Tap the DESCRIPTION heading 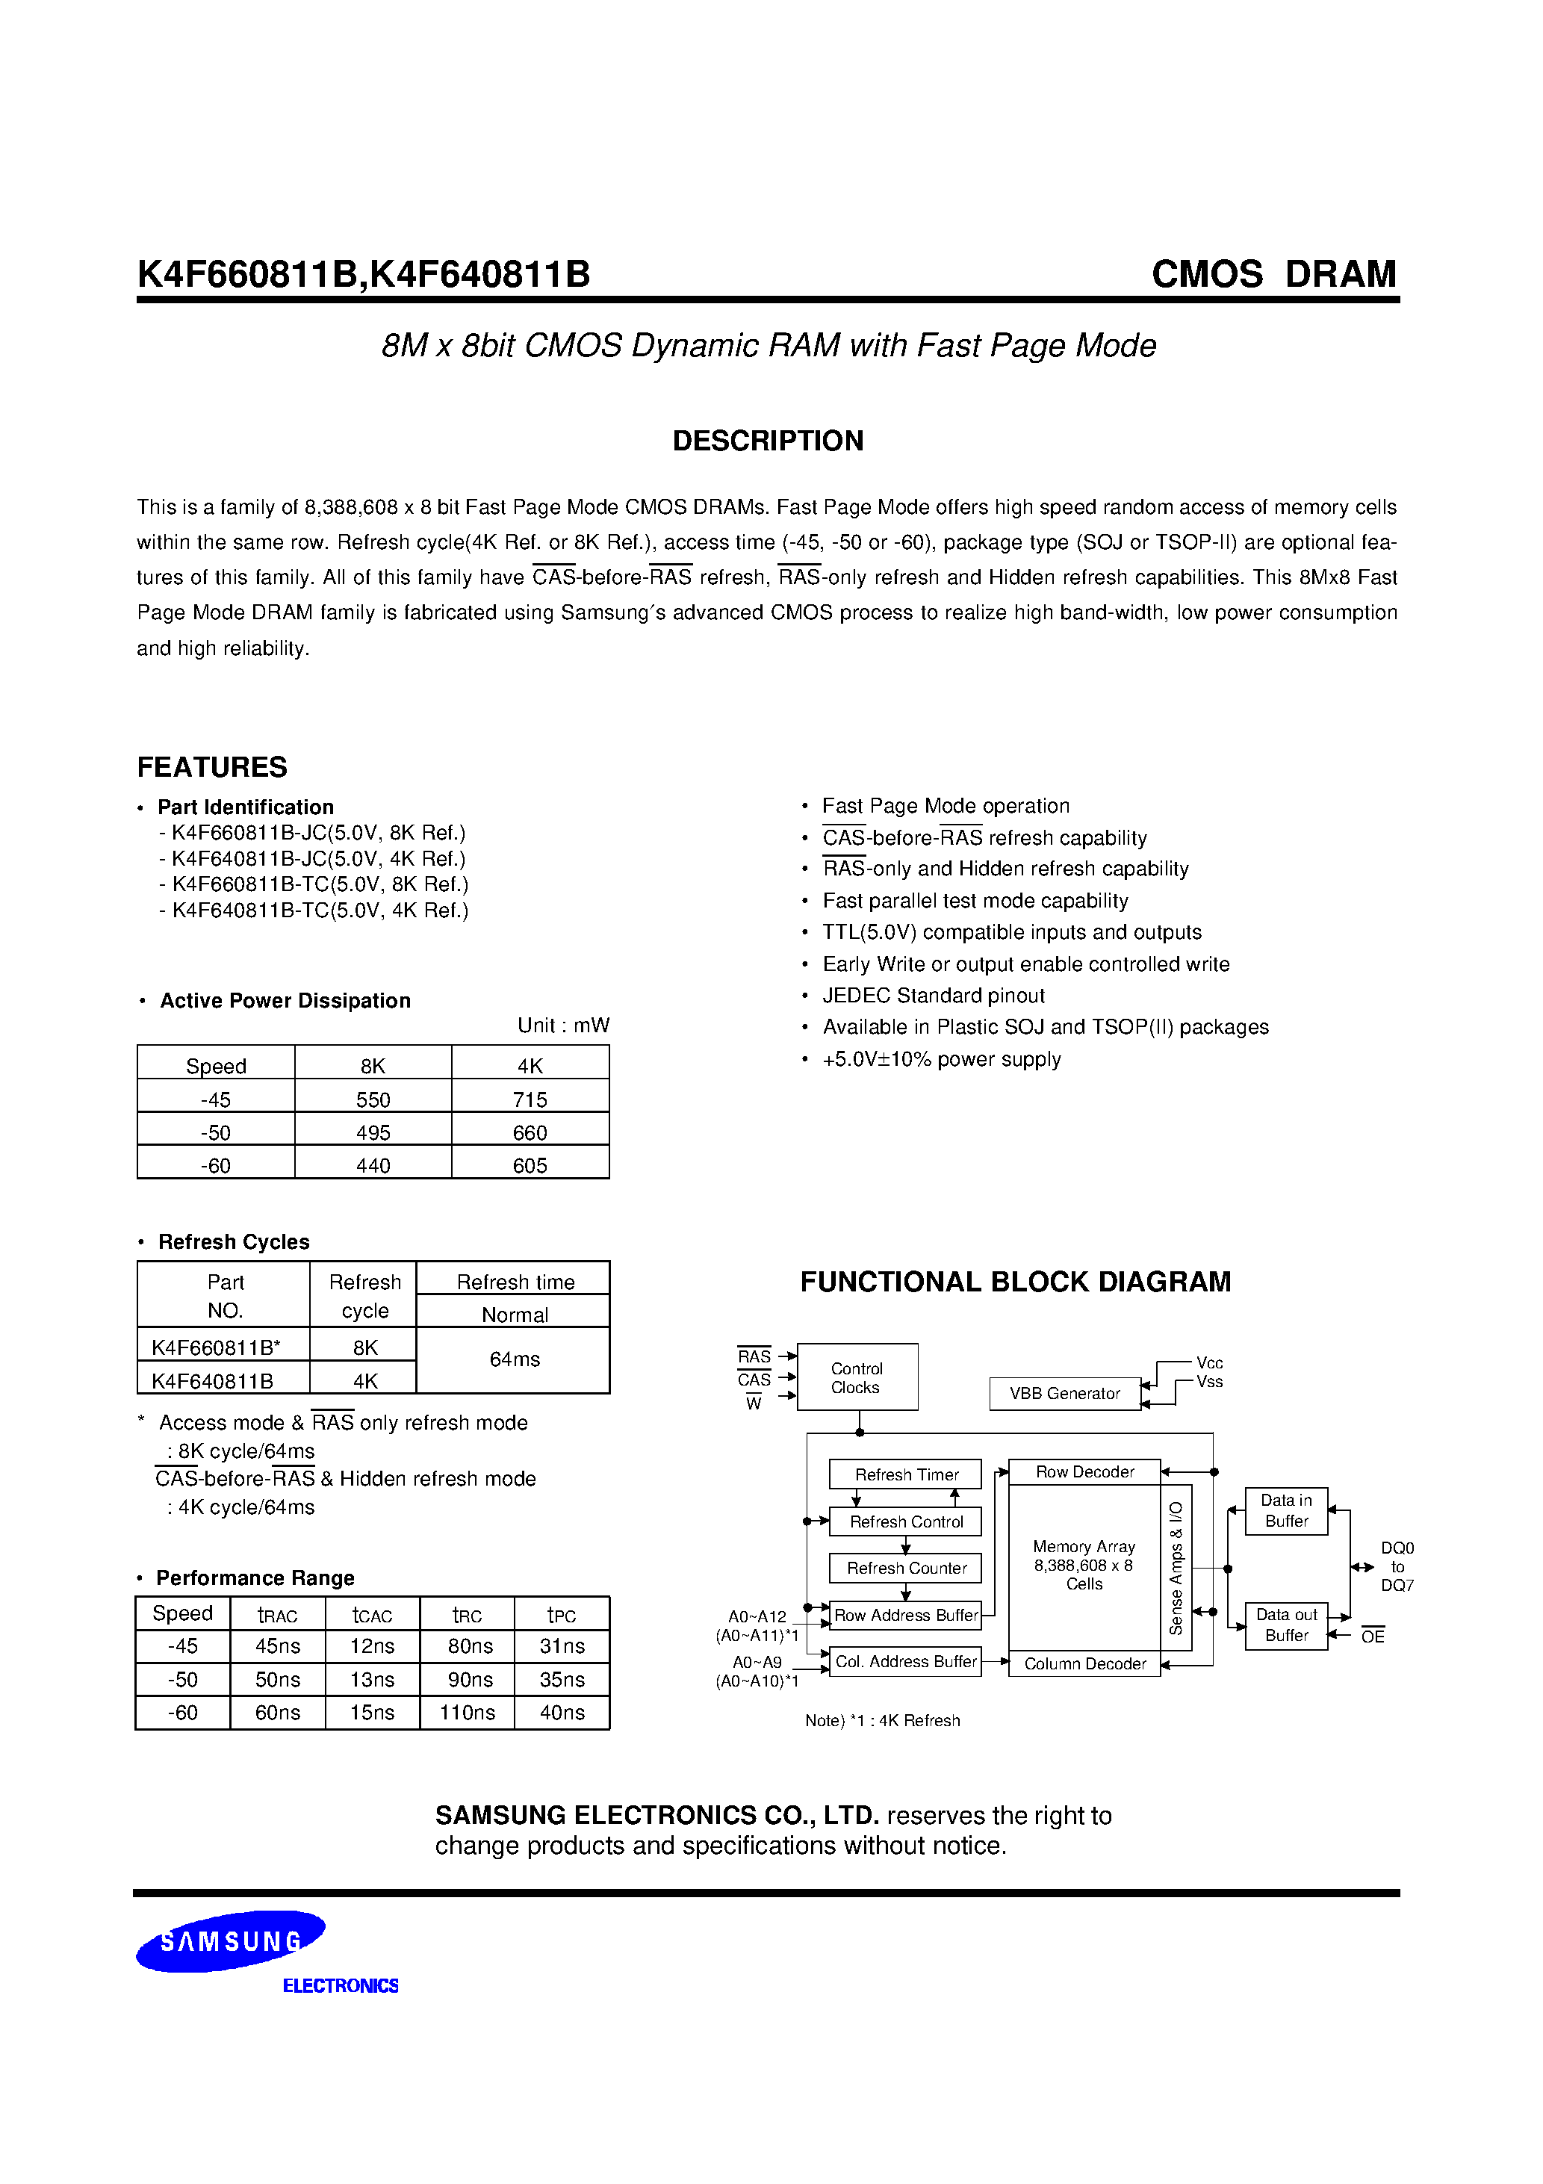(768, 441)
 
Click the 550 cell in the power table (373, 1099)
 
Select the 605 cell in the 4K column (530, 1165)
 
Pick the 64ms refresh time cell (514, 1359)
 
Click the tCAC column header (372, 1615)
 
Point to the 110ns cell (467, 1712)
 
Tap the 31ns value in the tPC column (562, 1645)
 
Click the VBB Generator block (1064, 1394)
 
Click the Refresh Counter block (906, 1568)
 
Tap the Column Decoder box (1084, 1663)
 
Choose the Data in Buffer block (1286, 1510)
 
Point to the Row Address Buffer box (906, 1615)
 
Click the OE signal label (1372, 1636)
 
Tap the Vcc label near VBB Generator (1209, 1363)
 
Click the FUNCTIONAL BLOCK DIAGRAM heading (1015, 1281)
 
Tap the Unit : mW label (563, 1026)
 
